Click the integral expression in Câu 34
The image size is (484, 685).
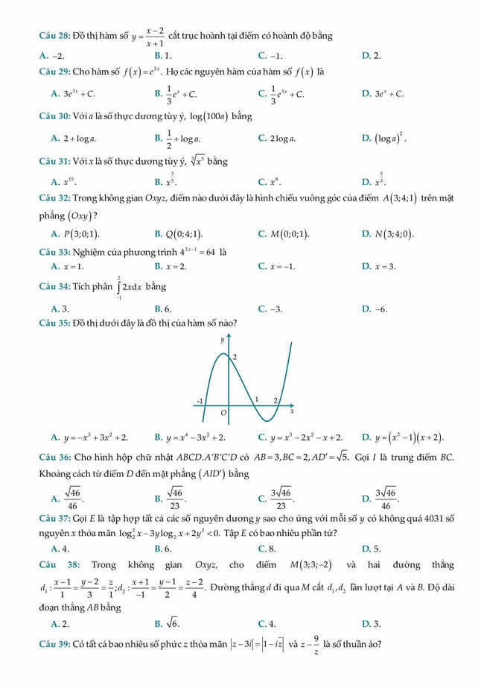[130, 286]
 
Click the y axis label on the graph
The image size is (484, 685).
[222, 340]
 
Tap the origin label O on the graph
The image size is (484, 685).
[223, 411]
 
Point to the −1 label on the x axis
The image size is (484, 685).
[200, 401]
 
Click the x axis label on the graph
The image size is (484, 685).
[292, 411]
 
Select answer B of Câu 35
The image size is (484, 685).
[190, 438]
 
